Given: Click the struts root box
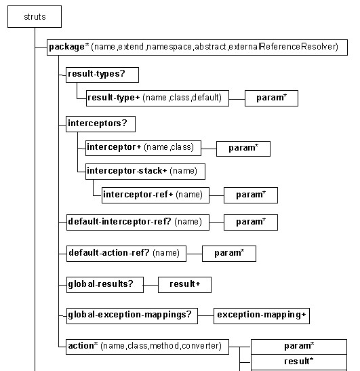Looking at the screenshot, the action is coord(35,16).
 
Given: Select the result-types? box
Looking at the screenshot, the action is coord(102,75).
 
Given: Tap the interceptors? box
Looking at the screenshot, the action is coord(100,124).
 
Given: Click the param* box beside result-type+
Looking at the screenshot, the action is coord(271,98).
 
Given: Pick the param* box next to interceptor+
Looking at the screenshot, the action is coord(243,149).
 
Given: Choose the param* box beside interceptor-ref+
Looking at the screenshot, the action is coord(251,195).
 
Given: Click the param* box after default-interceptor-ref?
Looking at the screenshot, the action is coord(251,222).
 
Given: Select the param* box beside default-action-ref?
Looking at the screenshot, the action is coord(229,254).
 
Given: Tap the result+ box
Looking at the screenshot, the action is coord(184,285).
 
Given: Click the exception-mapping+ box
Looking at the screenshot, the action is coord(262,316).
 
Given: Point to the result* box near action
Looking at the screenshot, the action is coord(299,362).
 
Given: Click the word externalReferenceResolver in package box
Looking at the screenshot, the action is coord(283,47).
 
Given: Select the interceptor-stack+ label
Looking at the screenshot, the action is coord(127,171).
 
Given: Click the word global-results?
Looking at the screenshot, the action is coord(100,284).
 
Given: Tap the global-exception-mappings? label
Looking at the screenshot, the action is coord(129,315).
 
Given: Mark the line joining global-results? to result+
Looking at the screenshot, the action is coord(151,285).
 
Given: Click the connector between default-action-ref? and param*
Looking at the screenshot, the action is coord(194,254).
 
